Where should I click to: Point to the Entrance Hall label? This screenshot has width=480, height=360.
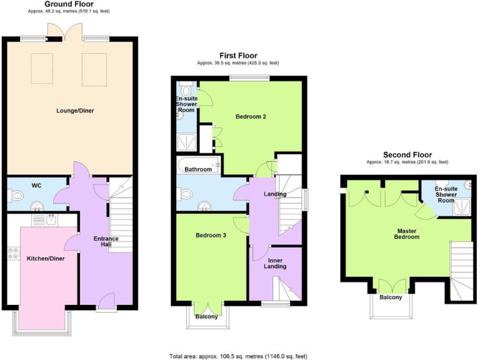[106, 242]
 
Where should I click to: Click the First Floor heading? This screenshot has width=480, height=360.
[237, 56]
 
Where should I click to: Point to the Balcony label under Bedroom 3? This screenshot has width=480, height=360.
[207, 316]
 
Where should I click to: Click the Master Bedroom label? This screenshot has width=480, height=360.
[407, 233]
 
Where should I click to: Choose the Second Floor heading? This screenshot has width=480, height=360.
[407, 154]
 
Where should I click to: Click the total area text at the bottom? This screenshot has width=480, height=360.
[238, 356]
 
